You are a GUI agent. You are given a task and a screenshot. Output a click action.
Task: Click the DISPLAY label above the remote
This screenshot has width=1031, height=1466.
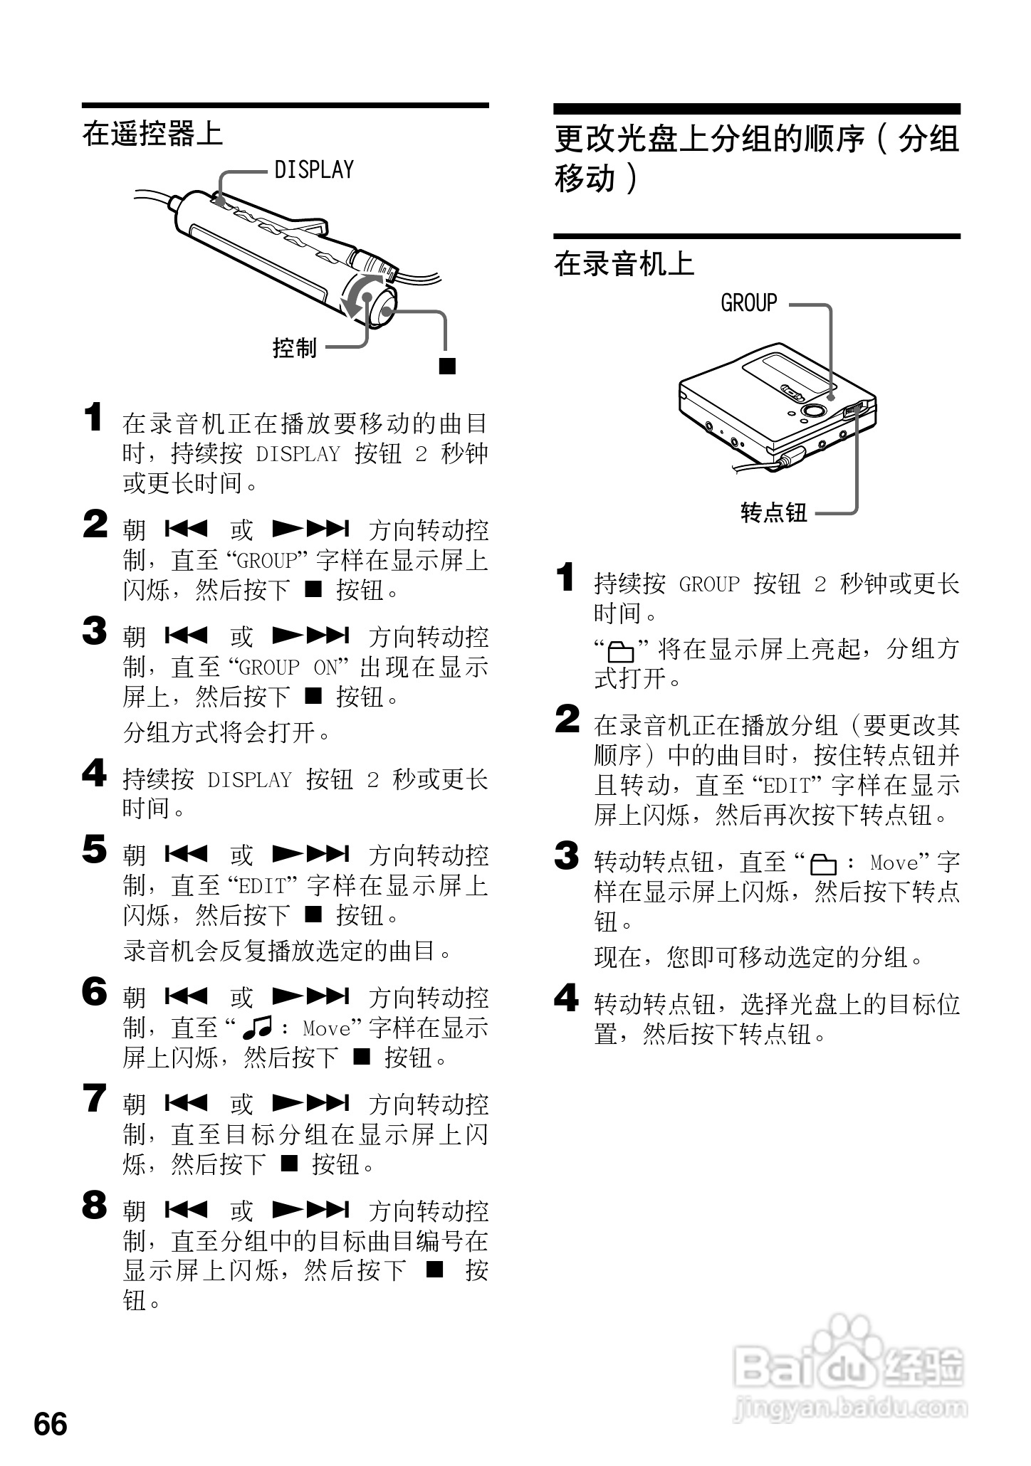[314, 170]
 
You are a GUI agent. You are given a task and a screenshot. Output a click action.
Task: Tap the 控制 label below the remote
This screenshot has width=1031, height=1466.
[294, 348]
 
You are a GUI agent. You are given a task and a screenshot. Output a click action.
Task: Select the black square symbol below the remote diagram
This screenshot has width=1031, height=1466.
[446, 366]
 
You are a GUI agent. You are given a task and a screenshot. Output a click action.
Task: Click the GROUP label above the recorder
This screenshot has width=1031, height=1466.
[749, 303]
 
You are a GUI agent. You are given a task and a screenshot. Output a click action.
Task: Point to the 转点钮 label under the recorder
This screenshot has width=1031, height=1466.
[774, 512]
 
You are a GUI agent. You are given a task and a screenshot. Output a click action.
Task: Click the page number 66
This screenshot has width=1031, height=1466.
[51, 1422]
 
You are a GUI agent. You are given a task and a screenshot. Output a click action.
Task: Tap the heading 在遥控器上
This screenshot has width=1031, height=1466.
[152, 134]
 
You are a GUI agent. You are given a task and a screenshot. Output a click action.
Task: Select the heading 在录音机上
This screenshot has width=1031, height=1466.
[624, 264]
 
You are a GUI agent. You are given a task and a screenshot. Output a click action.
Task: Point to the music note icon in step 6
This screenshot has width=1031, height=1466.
[257, 1028]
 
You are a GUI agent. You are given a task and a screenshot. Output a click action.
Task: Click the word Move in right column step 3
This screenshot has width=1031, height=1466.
[894, 863]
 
